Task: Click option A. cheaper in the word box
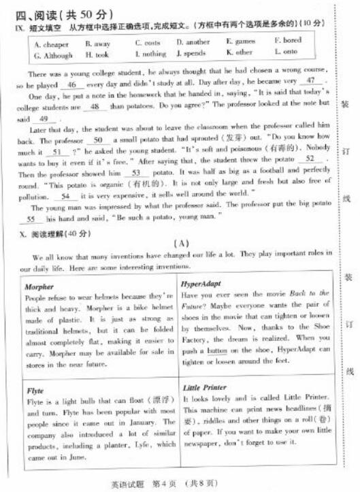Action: click(x=50, y=42)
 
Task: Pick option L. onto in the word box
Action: click(x=286, y=52)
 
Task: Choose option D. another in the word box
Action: click(x=193, y=42)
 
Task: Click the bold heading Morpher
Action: click(x=39, y=286)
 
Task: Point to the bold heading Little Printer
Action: click(x=205, y=387)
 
